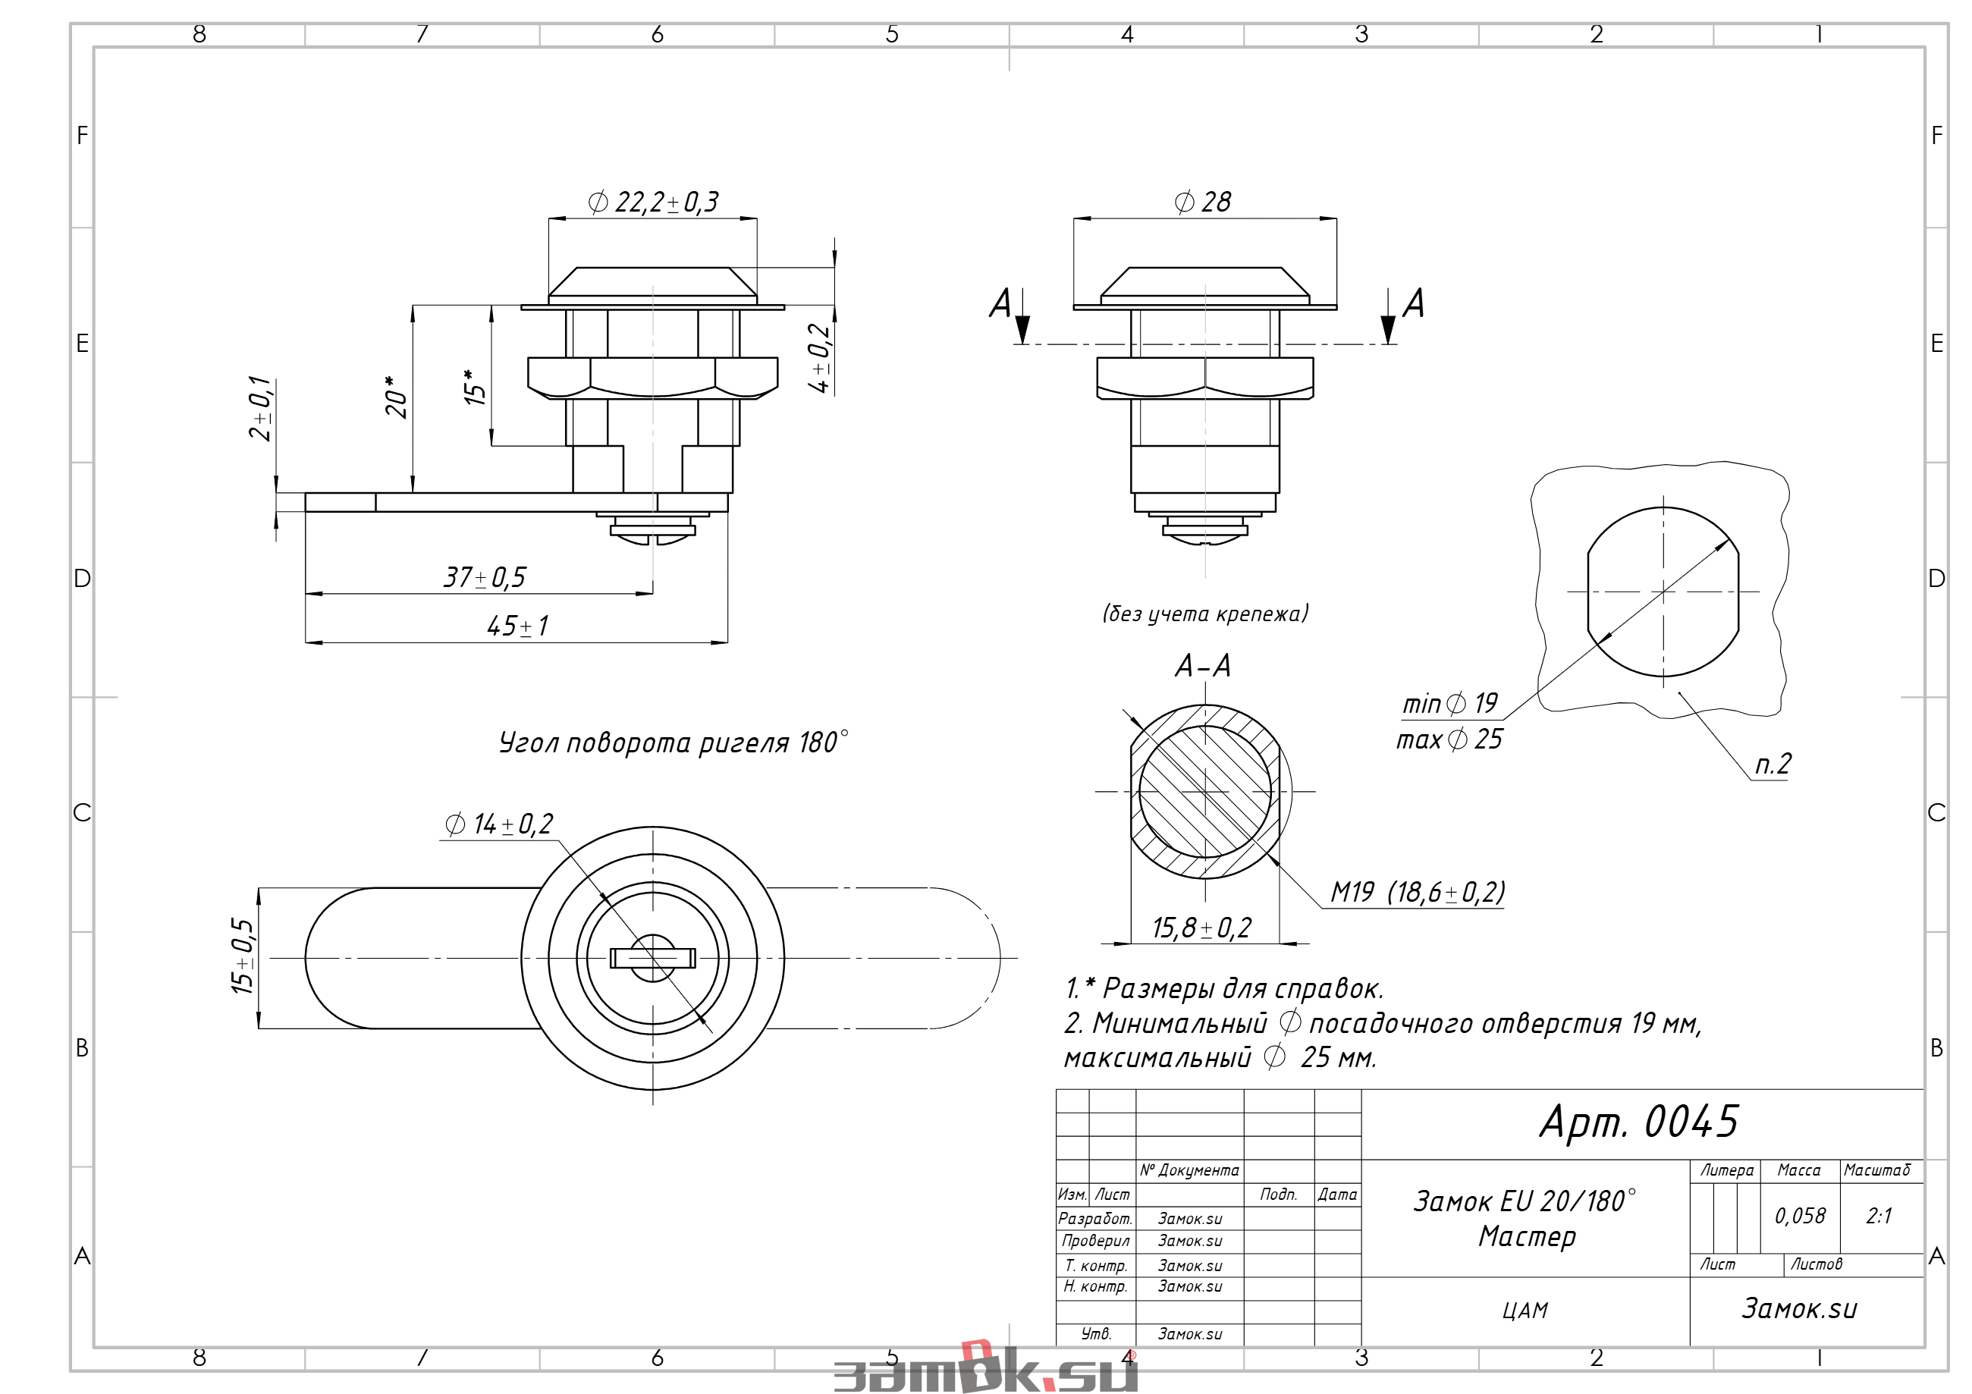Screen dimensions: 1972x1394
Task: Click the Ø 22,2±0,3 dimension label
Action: pyautogui.click(x=653, y=202)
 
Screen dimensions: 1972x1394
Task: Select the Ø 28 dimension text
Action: pyautogui.click(x=1202, y=202)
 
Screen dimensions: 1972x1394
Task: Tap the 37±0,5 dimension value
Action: pyautogui.click(x=485, y=577)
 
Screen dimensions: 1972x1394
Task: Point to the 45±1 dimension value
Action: pyautogui.click(x=518, y=625)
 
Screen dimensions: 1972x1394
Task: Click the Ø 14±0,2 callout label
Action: pyautogui.click(x=499, y=824)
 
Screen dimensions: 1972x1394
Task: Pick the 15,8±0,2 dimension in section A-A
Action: pyautogui.click(x=1201, y=928)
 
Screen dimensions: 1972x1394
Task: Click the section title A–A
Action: pyautogui.click(x=1202, y=666)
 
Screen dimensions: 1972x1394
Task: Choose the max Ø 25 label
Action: pyautogui.click(x=1449, y=739)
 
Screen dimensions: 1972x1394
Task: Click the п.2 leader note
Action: pyautogui.click(x=1773, y=764)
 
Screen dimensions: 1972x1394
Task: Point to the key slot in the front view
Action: pyautogui.click(x=653, y=958)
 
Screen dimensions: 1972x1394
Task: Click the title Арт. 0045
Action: pyautogui.click(x=1639, y=1122)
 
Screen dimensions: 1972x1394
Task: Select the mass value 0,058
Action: pyautogui.click(x=1801, y=1215)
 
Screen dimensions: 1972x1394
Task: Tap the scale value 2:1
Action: pyautogui.click(x=1879, y=1215)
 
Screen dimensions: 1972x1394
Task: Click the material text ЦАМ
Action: pyautogui.click(x=1525, y=1311)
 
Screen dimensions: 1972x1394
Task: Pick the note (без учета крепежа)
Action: pyautogui.click(x=1206, y=614)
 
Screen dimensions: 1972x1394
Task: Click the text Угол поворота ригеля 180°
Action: pyautogui.click(x=674, y=742)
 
